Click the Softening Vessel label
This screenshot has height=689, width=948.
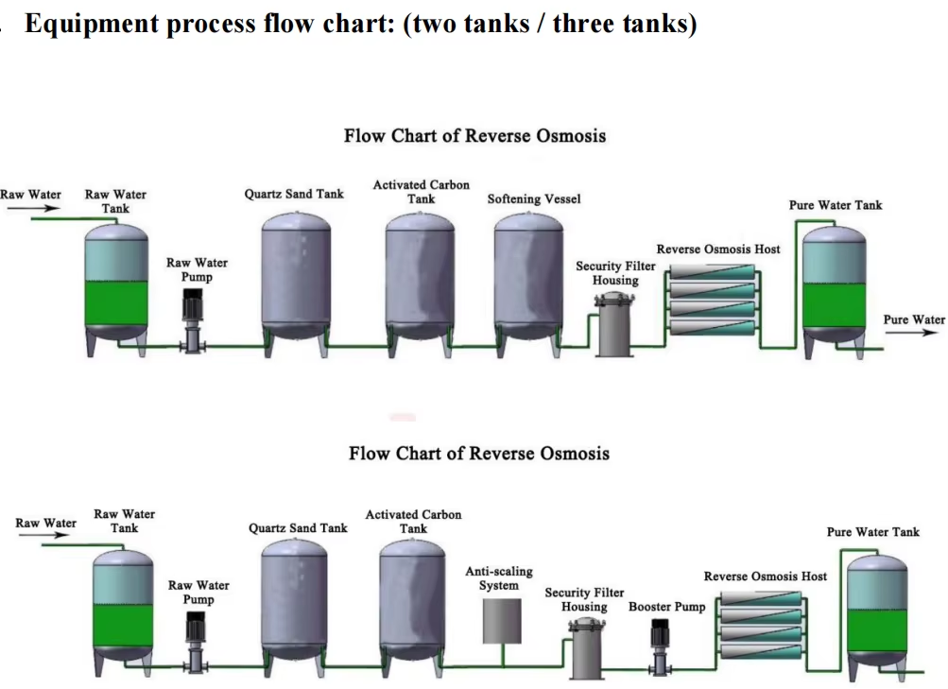(x=534, y=198)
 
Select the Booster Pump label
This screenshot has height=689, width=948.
(x=666, y=607)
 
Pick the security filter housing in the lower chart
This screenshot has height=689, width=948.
(x=584, y=646)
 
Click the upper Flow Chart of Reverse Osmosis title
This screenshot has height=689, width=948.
(x=474, y=135)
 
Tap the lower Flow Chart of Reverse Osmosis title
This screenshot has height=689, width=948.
(x=478, y=453)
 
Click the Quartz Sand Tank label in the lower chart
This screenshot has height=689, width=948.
(x=298, y=527)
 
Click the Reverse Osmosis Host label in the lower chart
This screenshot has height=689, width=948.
(x=765, y=576)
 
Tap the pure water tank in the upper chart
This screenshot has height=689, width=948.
(x=834, y=284)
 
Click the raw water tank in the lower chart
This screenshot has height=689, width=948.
(x=124, y=605)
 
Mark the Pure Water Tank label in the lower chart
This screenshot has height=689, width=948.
(x=872, y=532)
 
